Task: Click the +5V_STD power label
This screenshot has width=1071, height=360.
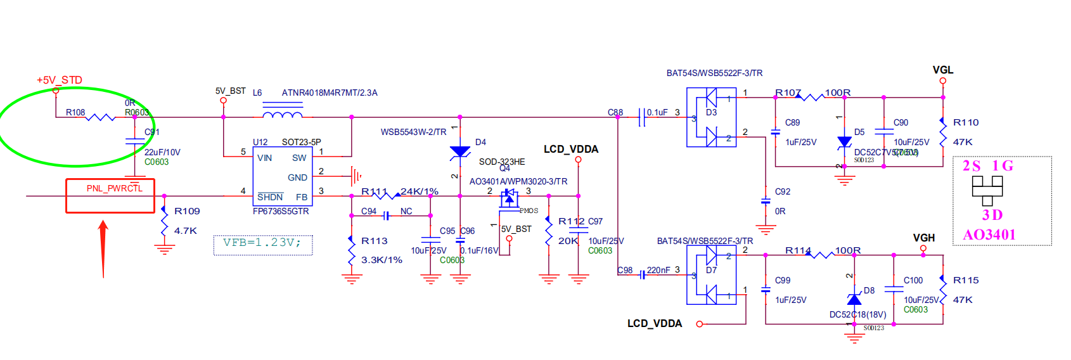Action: point(59,80)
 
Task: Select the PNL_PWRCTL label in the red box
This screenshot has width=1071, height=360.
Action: point(115,188)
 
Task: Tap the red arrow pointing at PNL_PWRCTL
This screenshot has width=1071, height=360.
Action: point(103,247)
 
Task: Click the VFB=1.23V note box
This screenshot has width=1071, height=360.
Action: point(262,243)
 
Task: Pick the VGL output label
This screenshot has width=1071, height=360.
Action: point(942,70)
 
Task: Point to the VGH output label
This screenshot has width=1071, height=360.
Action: point(923,238)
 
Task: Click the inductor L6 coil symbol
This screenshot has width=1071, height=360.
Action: point(282,115)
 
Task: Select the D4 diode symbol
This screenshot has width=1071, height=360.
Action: point(460,152)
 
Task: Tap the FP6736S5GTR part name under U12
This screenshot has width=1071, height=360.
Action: point(281,211)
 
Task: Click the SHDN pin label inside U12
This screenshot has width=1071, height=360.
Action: point(270,197)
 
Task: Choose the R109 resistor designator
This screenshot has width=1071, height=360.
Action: point(187,211)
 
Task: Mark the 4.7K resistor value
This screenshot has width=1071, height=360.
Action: point(186,231)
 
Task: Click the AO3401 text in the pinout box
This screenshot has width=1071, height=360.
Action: point(989,235)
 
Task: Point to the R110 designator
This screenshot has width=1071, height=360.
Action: point(966,122)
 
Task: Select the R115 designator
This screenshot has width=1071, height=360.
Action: point(966,280)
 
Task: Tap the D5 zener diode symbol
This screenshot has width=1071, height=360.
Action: point(844,142)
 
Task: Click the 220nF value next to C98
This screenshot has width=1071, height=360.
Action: point(658,270)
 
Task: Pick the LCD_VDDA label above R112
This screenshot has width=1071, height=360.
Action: point(570,149)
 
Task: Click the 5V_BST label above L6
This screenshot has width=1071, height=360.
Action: point(230,91)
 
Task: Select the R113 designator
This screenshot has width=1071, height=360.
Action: point(374,241)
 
